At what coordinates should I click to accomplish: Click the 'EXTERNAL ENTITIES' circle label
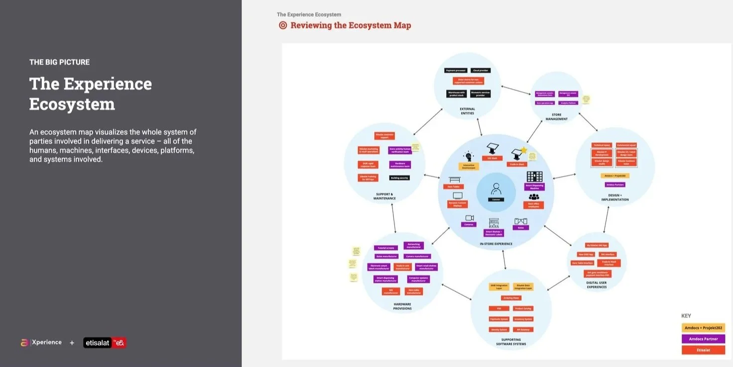(x=467, y=111)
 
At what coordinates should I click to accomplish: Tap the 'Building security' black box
(x=399, y=178)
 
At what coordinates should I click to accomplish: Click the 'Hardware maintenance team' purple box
(x=399, y=165)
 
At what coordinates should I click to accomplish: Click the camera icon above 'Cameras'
(x=469, y=218)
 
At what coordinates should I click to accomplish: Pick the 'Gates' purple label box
(x=520, y=227)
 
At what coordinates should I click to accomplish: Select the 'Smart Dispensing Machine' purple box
(x=534, y=187)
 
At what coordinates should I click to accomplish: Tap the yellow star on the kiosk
(x=523, y=150)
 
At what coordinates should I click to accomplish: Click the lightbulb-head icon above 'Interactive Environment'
(x=468, y=156)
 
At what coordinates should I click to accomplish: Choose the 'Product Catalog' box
(x=523, y=308)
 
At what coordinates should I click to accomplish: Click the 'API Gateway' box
(x=523, y=329)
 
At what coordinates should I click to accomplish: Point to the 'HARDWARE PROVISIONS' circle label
(x=402, y=306)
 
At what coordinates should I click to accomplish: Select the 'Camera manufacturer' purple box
(x=417, y=256)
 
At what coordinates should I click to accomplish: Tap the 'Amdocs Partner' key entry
(x=703, y=339)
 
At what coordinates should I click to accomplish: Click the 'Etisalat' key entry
(x=703, y=350)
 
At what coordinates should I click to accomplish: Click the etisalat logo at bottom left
(x=105, y=343)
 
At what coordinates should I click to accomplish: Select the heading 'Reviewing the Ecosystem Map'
(x=351, y=25)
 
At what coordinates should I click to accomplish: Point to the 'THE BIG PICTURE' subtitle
(x=59, y=62)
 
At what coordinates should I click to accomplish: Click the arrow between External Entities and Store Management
(x=515, y=90)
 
